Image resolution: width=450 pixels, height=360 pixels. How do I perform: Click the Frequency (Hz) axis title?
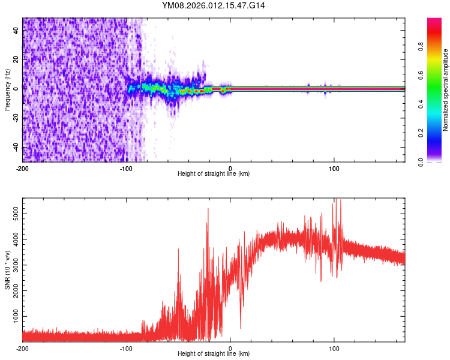pos(7,89)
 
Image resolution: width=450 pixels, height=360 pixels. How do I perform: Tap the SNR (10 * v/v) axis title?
pos(7,269)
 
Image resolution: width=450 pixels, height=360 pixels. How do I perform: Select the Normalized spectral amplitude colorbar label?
pos(446,89)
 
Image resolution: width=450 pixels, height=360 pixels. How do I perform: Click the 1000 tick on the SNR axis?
pos(12,316)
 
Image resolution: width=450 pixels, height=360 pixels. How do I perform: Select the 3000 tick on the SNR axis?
pos(12,264)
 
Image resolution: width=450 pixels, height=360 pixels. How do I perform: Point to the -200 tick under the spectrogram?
pos(23,168)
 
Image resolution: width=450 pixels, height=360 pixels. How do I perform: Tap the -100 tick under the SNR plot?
pos(127,348)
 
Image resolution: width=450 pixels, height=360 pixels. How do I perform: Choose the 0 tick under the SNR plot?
pos(230,348)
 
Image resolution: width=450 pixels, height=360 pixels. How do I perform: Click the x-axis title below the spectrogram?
pos(214,174)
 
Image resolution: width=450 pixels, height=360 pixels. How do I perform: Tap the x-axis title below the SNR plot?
pos(214,354)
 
